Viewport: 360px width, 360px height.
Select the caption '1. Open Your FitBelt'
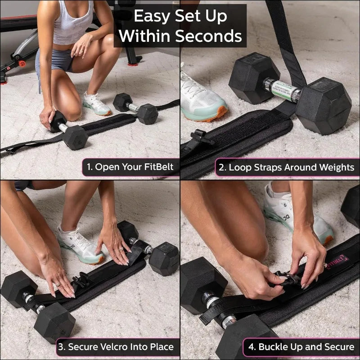130,167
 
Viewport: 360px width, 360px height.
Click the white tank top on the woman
73,25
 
